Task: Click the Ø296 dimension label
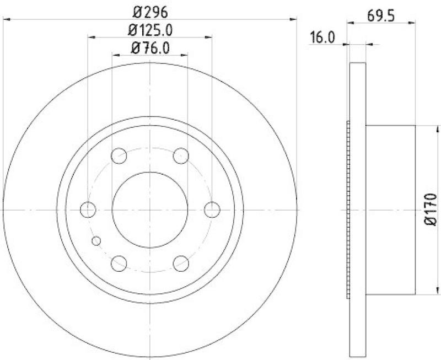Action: click(150, 11)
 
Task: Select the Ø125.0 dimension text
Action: click(150, 30)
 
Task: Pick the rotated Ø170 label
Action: click(431, 209)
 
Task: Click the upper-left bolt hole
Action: click(119, 156)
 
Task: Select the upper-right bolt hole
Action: click(181, 156)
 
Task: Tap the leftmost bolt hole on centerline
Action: click(88, 209)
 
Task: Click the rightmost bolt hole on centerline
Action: click(212, 209)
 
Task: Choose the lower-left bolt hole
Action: click(119, 264)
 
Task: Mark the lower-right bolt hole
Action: click(181, 264)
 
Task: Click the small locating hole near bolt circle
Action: click(97, 240)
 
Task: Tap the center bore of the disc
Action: click(150, 209)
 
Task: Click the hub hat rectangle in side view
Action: click(390, 209)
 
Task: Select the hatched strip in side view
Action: click(348, 209)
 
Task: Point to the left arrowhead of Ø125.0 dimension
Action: click(91, 37)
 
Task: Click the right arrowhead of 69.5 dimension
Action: click(413, 23)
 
